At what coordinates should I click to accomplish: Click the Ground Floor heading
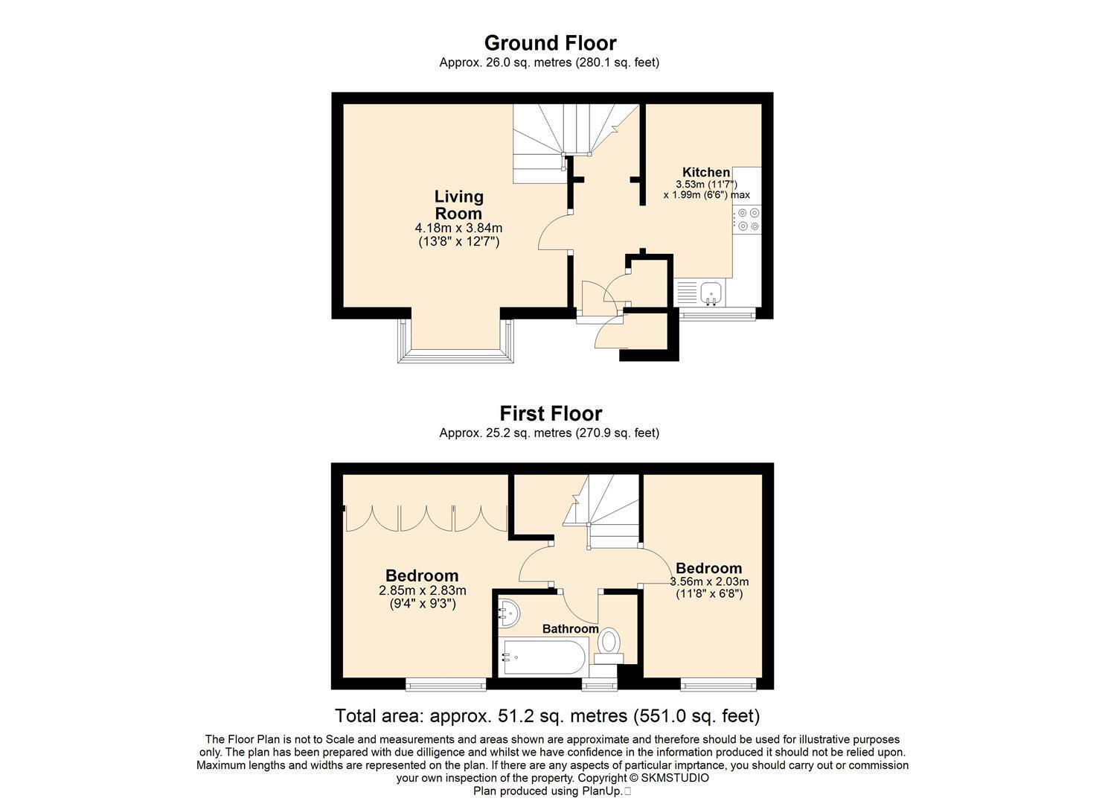550,43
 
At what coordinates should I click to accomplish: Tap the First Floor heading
551,414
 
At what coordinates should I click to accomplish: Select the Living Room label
459,205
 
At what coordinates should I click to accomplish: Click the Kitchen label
706,172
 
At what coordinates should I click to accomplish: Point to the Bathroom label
570,629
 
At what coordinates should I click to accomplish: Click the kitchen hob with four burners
747,220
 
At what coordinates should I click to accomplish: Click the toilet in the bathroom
609,645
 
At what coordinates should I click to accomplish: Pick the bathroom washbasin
508,613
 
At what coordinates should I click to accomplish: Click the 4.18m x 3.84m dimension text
458,228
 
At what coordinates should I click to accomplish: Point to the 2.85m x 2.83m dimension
422,590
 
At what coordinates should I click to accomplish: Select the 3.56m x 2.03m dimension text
709,581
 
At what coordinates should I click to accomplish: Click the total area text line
547,715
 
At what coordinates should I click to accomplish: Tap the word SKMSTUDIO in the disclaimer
675,779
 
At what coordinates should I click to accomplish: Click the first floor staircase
602,511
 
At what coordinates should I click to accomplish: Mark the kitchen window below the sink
717,315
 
